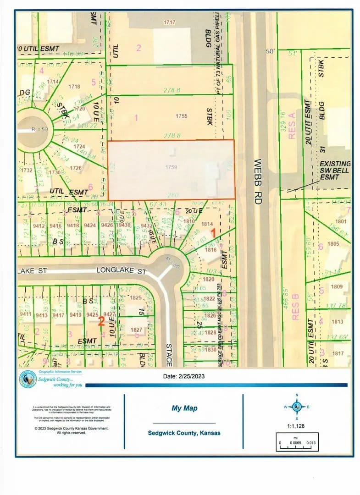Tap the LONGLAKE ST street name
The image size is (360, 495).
[122, 271]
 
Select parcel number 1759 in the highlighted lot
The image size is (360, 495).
[171, 168]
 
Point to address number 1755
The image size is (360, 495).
[182, 116]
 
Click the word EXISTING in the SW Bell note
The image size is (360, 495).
[335, 164]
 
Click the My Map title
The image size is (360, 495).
[184, 408]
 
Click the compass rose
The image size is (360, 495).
[297, 407]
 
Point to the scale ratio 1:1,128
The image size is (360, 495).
[297, 426]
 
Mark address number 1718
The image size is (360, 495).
[74, 86]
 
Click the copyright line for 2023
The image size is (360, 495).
[71, 428]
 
